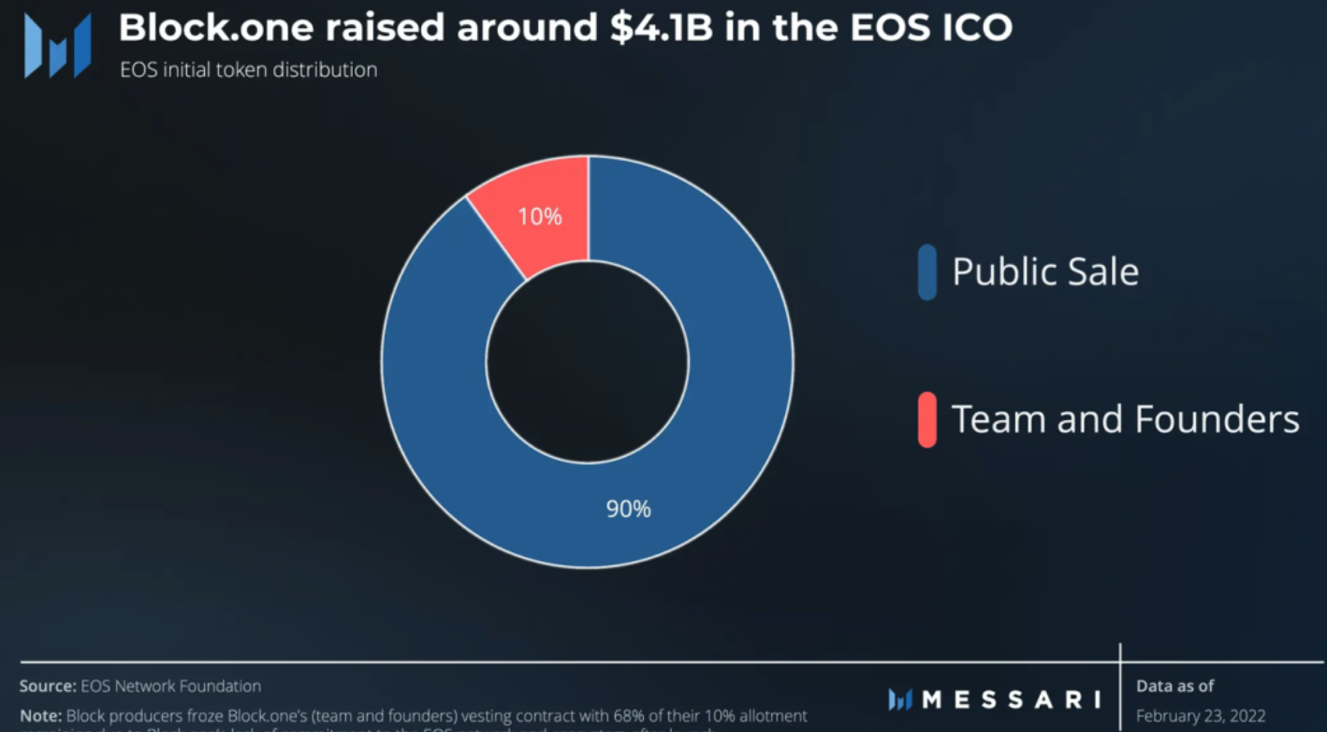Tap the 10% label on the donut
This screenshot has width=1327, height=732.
coord(540,217)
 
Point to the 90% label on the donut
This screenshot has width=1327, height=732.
coord(628,509)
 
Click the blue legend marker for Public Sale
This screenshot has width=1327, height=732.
coord(927,272)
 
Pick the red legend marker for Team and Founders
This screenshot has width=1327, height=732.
coord(927,419)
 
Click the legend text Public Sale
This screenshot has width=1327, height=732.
coord(1045,272)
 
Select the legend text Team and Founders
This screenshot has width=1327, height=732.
coord(1126,419)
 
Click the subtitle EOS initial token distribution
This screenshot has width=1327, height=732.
coord(249,70)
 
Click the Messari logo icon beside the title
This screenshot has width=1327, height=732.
coord(57,44)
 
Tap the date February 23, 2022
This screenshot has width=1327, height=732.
coord(1200,716)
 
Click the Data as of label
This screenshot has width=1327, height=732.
coord(1175,686)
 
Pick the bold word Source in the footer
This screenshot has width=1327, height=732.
coord(46,686)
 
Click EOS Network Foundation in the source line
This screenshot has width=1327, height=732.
coord(171,686)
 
